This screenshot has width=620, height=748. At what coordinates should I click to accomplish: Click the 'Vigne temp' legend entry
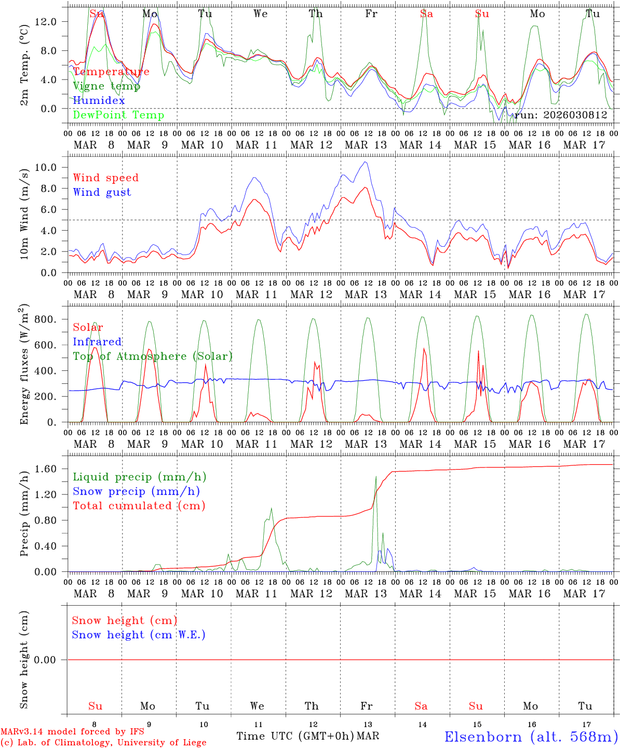(x=106, y=86)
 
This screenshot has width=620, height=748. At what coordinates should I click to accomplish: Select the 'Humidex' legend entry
(x=99, y=100)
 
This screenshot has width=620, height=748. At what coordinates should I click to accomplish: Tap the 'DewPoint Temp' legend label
(x=118, y=115)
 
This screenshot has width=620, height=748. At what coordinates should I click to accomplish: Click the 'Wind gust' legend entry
(x=102, y=192)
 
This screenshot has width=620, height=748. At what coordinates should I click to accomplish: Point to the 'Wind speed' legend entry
(x=106, y=178)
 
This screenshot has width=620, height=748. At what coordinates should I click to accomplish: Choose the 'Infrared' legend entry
(x=97, y=342)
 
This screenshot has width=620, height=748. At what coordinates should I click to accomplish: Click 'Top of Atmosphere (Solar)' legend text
(x=152, y=356)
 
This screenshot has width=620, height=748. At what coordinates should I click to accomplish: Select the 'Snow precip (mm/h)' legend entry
(x=136, y=491)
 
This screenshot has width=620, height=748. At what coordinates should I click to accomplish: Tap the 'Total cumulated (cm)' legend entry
(x=139, y=505)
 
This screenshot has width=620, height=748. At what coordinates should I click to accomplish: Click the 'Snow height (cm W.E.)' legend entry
(x=138, y=635)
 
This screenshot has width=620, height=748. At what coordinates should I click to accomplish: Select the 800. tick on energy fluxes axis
(x=45, y=319)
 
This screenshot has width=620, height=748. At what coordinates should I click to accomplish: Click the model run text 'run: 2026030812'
(x=561, y=115)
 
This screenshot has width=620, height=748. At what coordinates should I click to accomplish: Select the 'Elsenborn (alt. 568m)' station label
(x=531, y=737)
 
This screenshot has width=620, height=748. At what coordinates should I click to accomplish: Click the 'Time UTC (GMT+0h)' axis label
(x=295, y=736)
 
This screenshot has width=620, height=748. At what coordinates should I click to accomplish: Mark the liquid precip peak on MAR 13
(x=376, y=476)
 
